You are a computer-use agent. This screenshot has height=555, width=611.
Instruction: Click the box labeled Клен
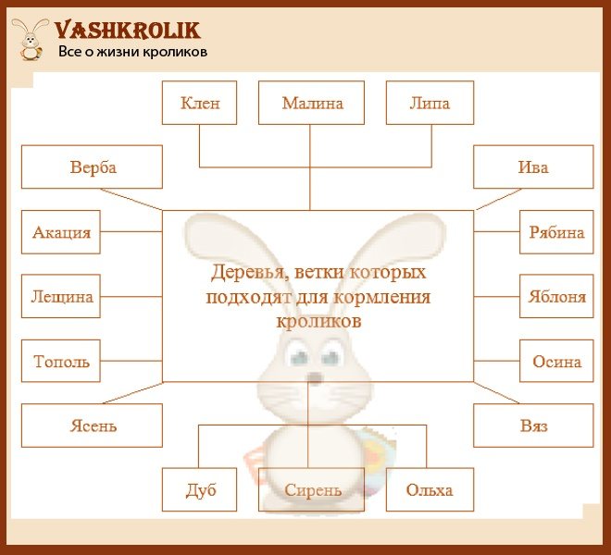[199, 103]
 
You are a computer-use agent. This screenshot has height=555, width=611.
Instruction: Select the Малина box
[311, 103]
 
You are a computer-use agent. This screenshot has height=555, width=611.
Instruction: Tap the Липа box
[430, 103]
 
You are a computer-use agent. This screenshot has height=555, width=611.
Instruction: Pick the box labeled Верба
[92, 166]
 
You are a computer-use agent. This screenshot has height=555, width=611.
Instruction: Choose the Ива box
[533, 166]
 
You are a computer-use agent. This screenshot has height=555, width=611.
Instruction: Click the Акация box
[61, 232]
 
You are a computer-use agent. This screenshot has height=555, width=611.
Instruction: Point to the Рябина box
[556, 232]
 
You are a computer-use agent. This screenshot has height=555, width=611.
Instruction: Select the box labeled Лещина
[61, 296]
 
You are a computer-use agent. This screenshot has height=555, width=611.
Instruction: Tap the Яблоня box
[556, 296]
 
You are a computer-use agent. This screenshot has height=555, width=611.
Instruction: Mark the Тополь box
[61, 361]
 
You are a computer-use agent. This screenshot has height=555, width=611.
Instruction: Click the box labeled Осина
[556, 361]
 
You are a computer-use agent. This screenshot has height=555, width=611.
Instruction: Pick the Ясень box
[92, 425]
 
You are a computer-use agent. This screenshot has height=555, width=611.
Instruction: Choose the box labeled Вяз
[533, 425]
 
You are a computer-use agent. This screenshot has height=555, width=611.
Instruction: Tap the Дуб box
[199, 489]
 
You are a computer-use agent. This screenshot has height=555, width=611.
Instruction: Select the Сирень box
[311, 489]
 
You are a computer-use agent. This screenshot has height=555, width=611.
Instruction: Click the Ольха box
[430, 489]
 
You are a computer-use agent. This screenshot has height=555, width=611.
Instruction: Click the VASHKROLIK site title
[128, 31]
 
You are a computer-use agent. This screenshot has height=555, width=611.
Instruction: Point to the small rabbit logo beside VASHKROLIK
[31, 40]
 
